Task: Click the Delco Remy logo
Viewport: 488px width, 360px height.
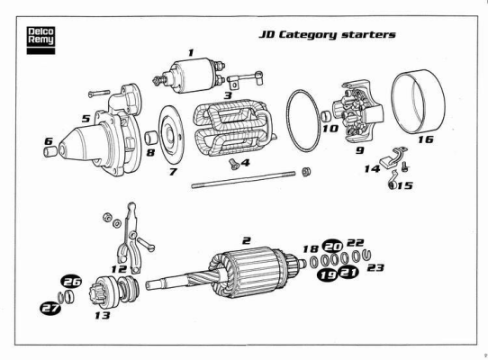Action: tap(41, 40)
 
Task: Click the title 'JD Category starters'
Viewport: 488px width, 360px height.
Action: tap(328, 34)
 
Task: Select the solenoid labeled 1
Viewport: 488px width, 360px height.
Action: tap(190, 76)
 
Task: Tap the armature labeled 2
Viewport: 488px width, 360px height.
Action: tap(226, 272)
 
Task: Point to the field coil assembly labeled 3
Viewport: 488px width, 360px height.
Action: tap(233, 128)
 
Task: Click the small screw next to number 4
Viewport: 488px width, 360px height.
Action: tap(234, 164)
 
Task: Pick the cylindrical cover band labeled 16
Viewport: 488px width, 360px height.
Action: tap(418, 102)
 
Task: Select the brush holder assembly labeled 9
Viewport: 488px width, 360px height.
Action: tap(358, 112)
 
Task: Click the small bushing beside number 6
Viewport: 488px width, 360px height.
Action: tap(50, 151)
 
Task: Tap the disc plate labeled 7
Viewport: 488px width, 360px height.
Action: tap(171, 134)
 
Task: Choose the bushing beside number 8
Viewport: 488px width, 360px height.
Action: tap(151, 138)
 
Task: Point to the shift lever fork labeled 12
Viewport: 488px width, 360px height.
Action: tap(130, 238)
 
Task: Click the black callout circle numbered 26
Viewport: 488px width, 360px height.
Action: tap(72, 282)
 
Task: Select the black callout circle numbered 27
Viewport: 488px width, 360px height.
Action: tap(50, 308)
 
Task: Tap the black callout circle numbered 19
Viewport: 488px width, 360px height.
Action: tap(328, 275)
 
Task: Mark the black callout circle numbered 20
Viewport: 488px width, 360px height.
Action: tap(333, 247)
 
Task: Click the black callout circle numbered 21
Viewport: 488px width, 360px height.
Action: tap(348, 273)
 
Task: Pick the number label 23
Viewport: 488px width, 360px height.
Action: tap(375, 267)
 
